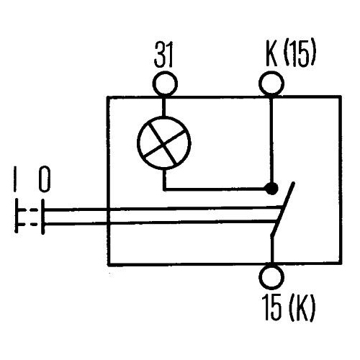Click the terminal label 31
point(163,55)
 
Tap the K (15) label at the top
point(291,55)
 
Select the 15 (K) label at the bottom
point(288,308)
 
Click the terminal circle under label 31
point(165,84)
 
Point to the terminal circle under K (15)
point(271,84)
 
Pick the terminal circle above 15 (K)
point(271,277)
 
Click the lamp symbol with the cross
point(164,143)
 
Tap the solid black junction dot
point(271,189)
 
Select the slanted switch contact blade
point(282,208)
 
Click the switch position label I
point(15,179)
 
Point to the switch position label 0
point(45,179)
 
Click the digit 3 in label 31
point(159,55)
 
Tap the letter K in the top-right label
point(271,55)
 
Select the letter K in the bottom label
point(302,308)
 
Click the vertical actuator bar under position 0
point(42,217)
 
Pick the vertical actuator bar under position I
point(16,216)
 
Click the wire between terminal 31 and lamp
point(164,106)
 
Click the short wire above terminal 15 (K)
point(272,250)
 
